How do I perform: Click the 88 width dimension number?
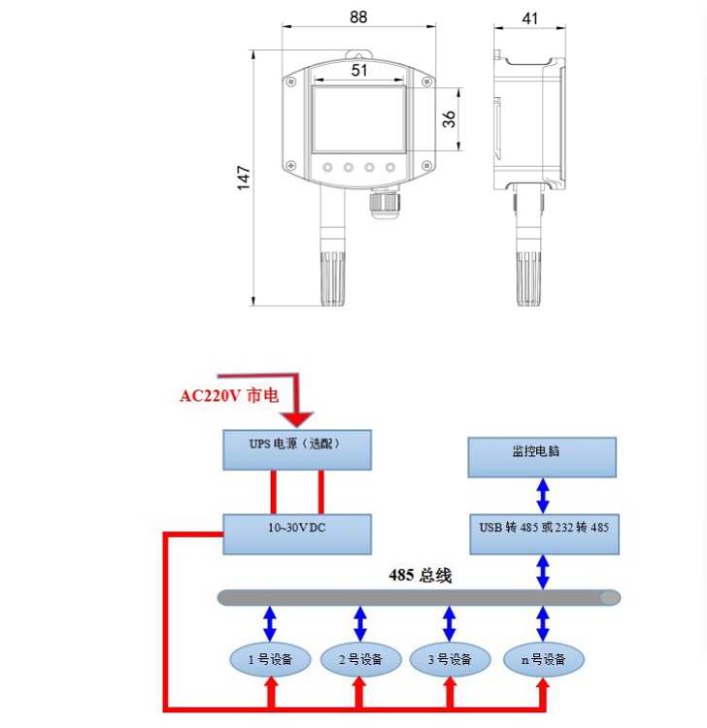point(358,17)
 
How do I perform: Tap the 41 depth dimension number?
point(529,18)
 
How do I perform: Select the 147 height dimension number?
point(244,178)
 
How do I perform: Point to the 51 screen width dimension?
point(359,70)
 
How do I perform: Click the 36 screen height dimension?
point(449,118)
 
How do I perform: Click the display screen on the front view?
point(358,119)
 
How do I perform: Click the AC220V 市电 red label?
point(228,396)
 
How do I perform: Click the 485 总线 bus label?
point(420,575)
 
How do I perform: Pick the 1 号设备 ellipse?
point(270,659)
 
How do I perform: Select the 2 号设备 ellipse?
point(359,659)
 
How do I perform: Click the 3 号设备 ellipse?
point(449,659)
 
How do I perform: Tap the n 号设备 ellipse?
point(543,659)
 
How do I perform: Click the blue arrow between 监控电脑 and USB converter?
point(543,495)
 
